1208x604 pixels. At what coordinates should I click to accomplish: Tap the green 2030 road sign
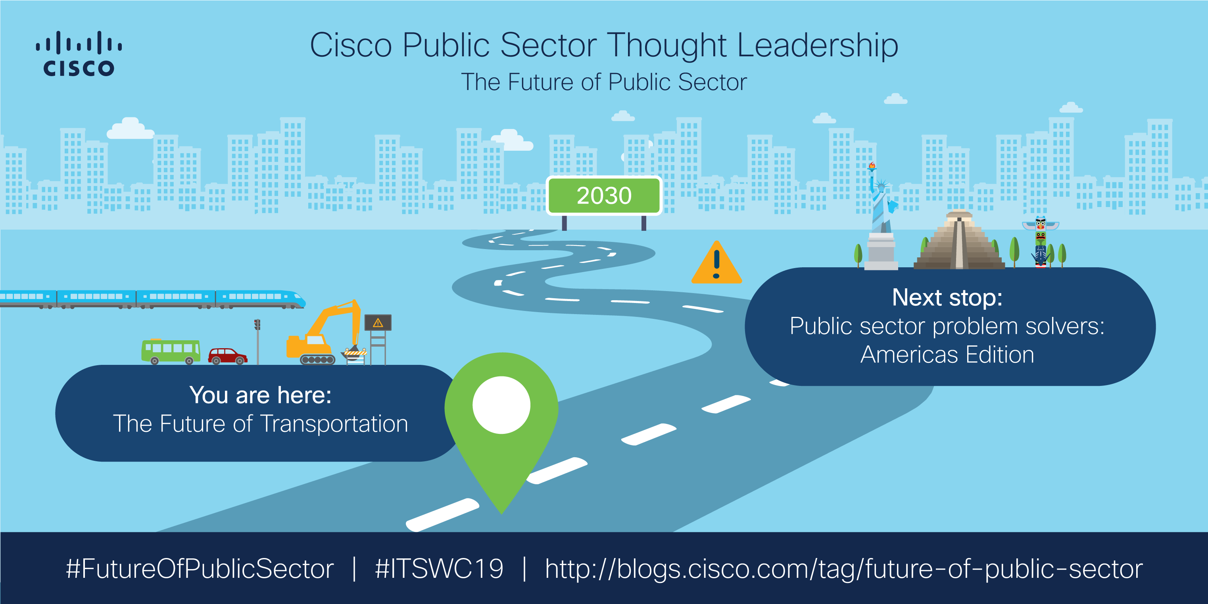click(x=604, y=196)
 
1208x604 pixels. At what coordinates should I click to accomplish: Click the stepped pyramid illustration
click(x=958, y=242)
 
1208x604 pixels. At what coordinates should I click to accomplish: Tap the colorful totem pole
click(x=1041, y=242)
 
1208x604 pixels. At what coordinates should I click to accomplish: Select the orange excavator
click(x=324, y=333)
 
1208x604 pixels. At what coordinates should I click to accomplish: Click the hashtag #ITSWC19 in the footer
click(x=439, y=569)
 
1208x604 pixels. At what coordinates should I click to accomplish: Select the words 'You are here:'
click(x=260, y=395)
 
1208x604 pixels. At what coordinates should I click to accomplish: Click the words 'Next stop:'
click(x=947, y=297)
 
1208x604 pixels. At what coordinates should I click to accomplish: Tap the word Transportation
click(x=334, y=424)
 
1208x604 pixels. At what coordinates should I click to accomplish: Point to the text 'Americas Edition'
click(x=947, y=355)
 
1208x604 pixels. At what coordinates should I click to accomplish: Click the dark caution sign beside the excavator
click(x=378, y=323)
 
